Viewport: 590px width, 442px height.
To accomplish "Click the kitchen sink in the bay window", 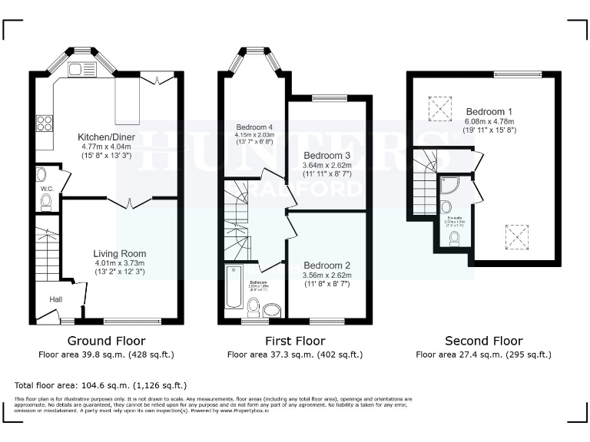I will pos(81,70).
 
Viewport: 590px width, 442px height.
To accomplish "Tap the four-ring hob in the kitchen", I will pos(44,123).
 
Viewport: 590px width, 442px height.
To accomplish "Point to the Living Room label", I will pos(119,253).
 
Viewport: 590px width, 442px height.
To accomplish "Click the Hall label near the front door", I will pos(56,299).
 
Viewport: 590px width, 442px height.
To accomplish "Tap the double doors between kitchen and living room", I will pos(128,202).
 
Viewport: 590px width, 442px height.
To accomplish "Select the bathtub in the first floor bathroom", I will pos(234,289).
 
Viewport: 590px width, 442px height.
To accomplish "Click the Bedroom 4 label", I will pos(255,127).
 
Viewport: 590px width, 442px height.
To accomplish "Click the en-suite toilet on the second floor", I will pos(454,239).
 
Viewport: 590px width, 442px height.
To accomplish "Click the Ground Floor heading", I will pos(106,341).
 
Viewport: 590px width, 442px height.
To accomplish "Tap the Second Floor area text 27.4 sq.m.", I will pos(483,355).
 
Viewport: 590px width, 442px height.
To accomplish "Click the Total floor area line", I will pos(100,384).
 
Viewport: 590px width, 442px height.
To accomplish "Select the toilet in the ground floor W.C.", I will pos(45,201).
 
